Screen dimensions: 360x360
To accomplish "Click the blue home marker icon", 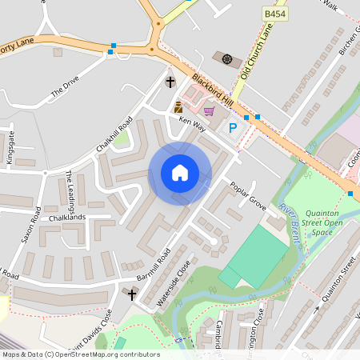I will (180, 173).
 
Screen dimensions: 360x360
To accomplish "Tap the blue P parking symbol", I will (234, 127).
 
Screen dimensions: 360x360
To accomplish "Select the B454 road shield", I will (275, 14).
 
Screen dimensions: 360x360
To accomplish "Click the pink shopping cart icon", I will (209, 111).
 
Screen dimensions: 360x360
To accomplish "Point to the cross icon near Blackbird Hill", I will (170, 82).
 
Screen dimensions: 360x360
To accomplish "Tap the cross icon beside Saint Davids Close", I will (133, 294).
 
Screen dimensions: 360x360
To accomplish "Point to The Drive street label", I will (66, 87).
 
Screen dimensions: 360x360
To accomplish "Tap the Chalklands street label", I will (66, 218).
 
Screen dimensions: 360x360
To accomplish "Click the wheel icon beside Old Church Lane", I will (226, 59).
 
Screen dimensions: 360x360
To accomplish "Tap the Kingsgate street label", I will (10, 147).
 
